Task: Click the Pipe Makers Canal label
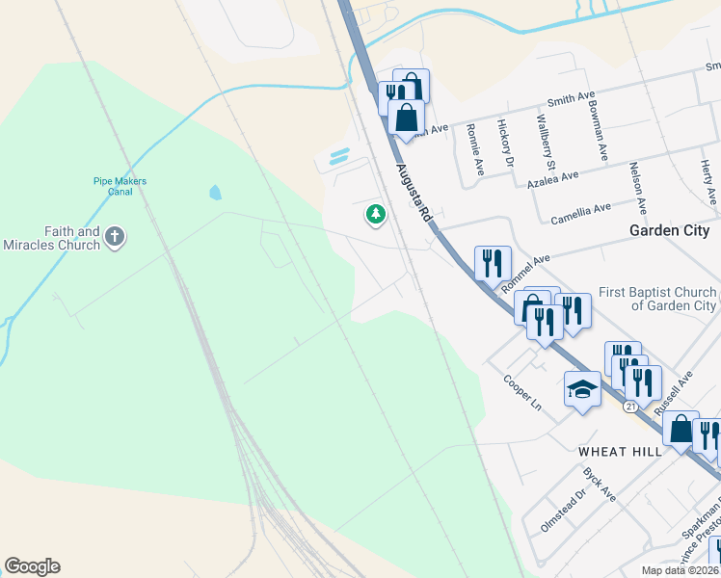pos(113,186)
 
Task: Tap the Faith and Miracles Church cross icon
pos(115,237)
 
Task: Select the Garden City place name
pos(669,231)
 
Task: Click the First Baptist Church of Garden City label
pos(656,299)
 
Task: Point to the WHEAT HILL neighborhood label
pos(620,452)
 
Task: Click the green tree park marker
pos(375,215)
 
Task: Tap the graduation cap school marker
pos(582,389)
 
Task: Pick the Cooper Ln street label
pos(522,392)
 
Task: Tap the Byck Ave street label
pos(600,485)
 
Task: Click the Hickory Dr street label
pos(504,143)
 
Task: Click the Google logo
pos(32,566)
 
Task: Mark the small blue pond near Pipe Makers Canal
pos(214,192)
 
